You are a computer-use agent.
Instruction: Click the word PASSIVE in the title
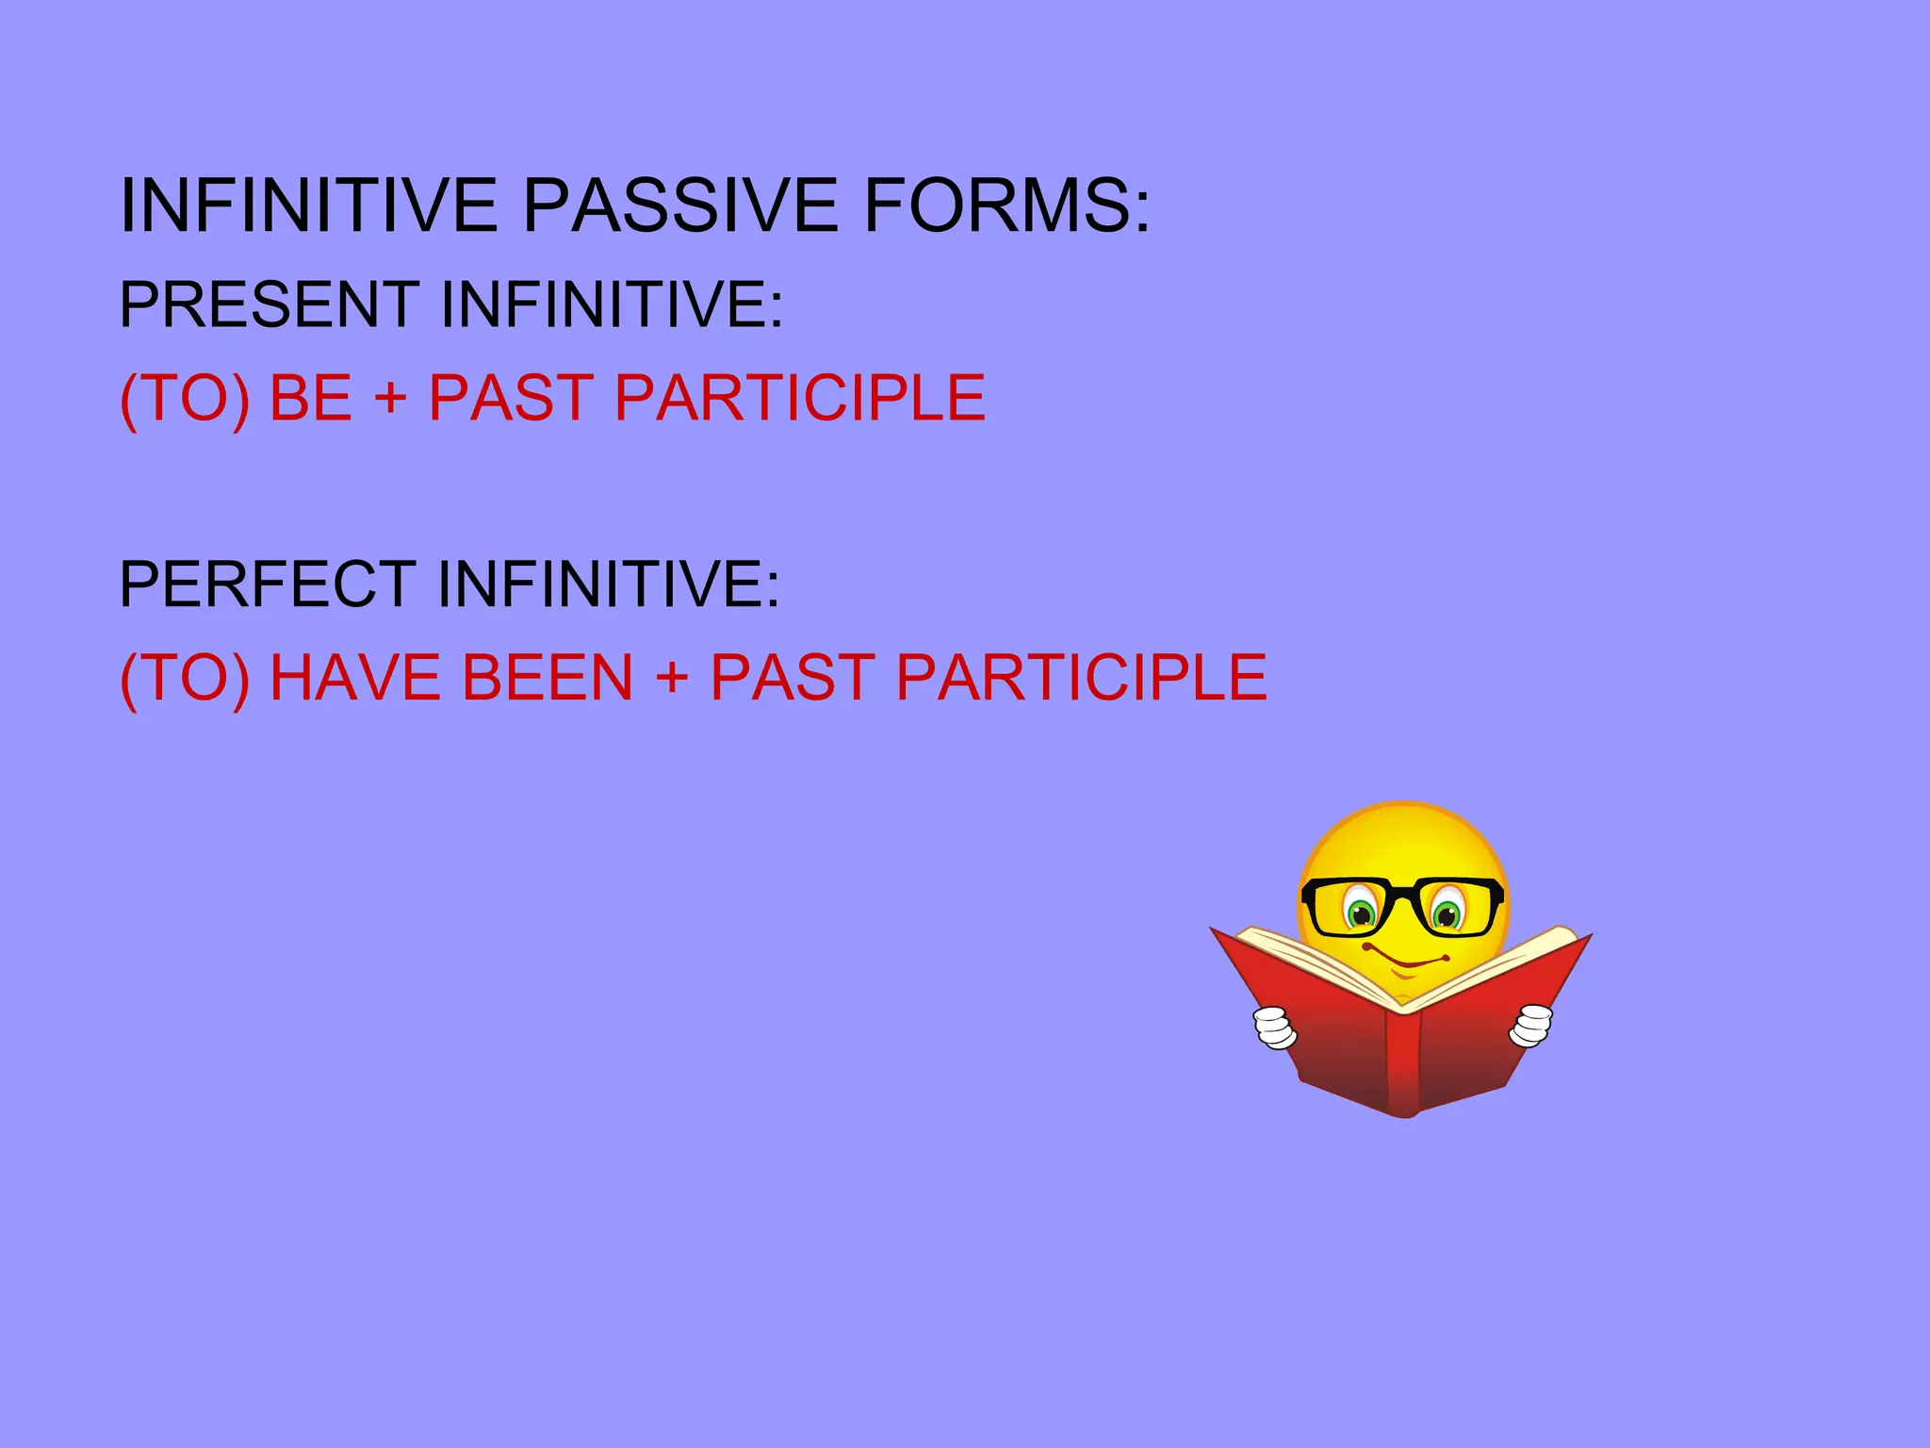[x=679, y=206]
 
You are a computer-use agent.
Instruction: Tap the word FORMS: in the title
[x=1006, y=206]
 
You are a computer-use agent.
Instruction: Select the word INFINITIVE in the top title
[x=308, y=206]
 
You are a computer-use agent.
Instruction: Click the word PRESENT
[x=269, y=304]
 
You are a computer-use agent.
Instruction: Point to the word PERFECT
[x=268, y=584]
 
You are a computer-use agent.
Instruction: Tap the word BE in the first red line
[x=310, y=398]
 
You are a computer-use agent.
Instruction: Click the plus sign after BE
[x=390, y=398]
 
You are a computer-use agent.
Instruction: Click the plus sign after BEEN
[x=671, y=678]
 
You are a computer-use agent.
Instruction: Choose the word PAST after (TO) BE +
[x=510, y=398]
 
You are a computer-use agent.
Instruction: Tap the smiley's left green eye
[x=1361, y=912]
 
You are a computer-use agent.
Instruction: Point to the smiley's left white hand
[x=1275, y=1028]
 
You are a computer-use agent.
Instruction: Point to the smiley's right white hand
[x=1531, y=1026]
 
